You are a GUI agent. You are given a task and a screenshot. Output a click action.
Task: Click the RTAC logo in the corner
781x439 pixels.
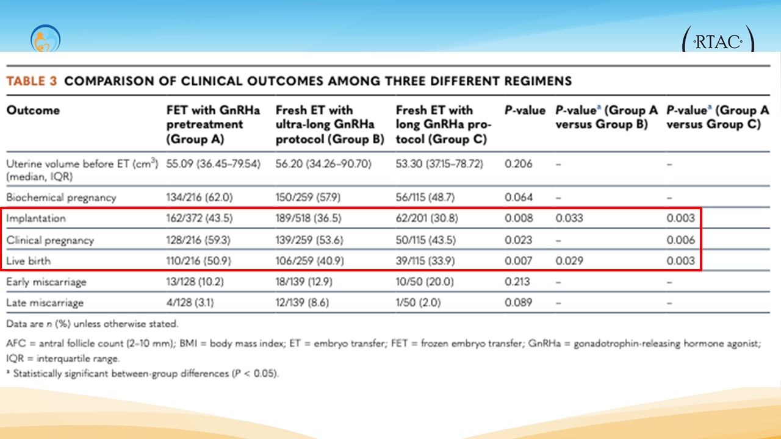click(x=718, y=42)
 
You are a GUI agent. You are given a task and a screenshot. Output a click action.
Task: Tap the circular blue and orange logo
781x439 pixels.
click(x=45, y=39)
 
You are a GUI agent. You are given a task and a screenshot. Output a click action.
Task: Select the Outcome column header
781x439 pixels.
click(x=33, y=110)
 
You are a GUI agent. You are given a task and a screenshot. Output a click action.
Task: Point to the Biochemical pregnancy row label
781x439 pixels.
click(x=61, y=198)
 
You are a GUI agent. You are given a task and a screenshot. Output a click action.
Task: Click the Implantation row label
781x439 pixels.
click(x=36, y=218)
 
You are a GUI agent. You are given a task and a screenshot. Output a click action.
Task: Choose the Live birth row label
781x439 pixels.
click(x=29, y=261)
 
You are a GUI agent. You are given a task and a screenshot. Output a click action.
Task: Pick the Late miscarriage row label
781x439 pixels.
click(x=45, y=302)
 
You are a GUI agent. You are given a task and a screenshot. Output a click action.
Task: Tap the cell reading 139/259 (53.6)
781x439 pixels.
click(x=309, y=240)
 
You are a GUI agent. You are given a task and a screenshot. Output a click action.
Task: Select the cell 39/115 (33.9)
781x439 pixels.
click(x=425, y=261)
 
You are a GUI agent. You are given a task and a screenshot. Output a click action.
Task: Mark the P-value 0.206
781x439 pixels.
click(x=519, y=163)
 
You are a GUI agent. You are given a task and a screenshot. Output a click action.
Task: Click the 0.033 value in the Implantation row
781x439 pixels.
click(x=569, y=218)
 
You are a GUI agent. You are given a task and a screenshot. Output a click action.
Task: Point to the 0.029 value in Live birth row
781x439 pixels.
click(x=569, y=261)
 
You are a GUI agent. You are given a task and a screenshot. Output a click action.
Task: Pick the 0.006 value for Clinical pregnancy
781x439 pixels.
click(x=680, y=240)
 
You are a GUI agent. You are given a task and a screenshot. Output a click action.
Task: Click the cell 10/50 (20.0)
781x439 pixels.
click(x=425, y=282)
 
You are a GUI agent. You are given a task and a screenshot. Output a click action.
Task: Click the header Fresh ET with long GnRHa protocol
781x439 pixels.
click(x=444, y=124)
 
